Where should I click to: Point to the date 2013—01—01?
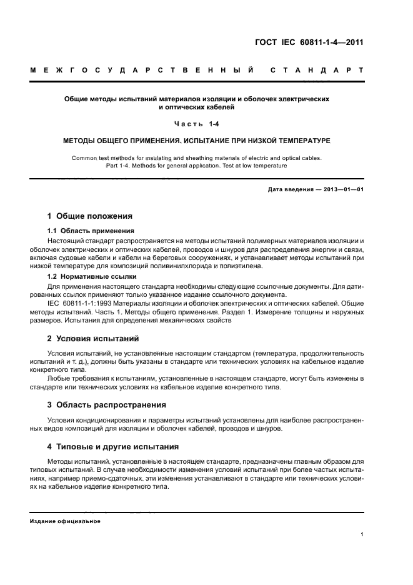click(x=342, y=189)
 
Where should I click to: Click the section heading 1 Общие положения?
click(x=90, y=216)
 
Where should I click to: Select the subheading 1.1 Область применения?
click(x=86, y=231)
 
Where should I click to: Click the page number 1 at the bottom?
click(x=362, y=534)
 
